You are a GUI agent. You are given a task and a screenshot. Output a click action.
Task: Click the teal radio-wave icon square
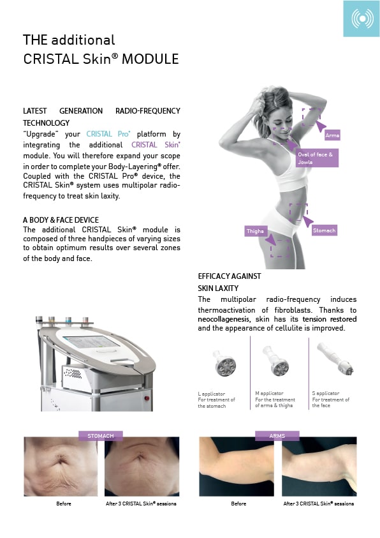[x=362, y=18]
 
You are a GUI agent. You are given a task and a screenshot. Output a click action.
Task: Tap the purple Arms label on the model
[x=332, y=135]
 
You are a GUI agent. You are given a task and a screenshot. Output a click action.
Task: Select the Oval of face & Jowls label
[x=317, y=158]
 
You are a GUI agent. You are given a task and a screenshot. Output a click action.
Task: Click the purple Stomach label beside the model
[x=324, y=230]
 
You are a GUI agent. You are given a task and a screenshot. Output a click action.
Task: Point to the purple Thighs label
[x=255, y=231]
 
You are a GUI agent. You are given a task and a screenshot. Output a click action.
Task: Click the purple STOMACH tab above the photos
[x=100, y=436]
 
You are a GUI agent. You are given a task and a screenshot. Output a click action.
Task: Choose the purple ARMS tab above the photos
[x=277, y=436]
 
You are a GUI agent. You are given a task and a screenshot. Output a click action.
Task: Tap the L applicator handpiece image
[x=224, y=363]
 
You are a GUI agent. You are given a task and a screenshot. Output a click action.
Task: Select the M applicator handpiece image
[x=276, y=361]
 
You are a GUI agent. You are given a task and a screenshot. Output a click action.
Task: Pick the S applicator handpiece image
[x=335, y=358]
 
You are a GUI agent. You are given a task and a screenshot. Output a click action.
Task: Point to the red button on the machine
[x=147, y=398]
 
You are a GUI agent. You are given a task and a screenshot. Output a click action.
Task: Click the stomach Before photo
[x=61, y=467]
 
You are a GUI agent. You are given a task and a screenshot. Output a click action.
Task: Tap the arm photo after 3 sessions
[x=319, y=467]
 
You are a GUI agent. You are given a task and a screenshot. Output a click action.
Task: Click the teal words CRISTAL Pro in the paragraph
[x=108, y=134]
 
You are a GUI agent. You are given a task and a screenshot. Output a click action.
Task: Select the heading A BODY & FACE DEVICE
[x=61, y=220]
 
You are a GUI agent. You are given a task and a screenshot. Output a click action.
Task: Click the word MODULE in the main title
[x=150, y=59]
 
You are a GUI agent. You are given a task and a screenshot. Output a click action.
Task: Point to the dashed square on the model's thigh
[x=280, y=248]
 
